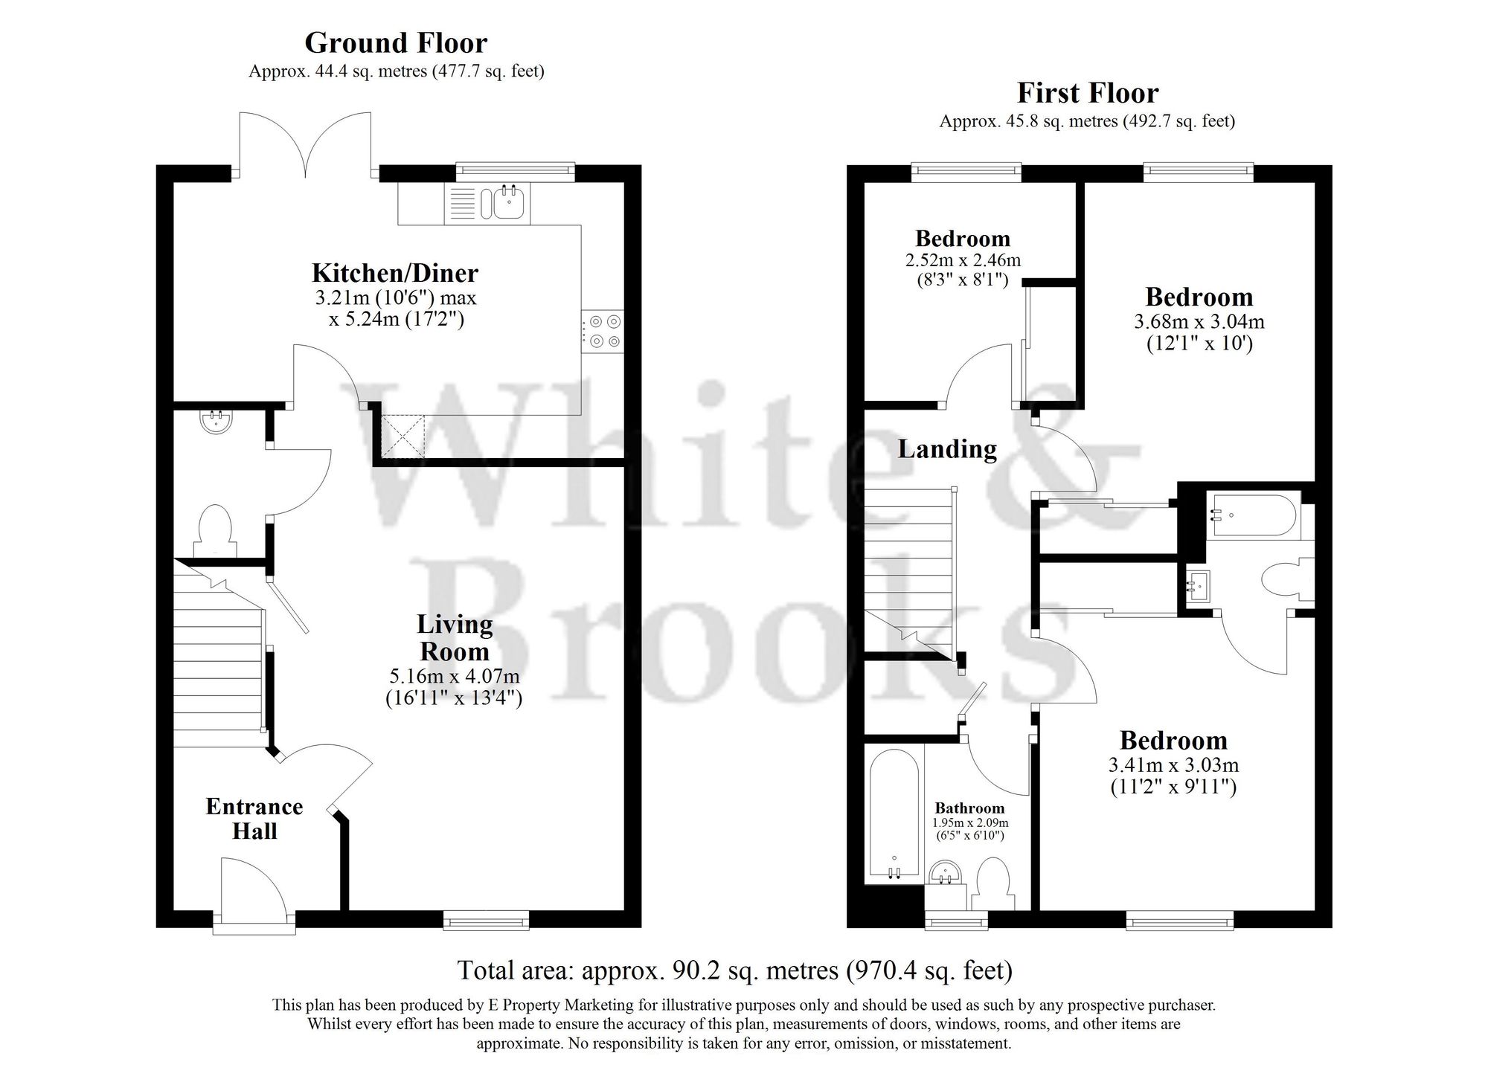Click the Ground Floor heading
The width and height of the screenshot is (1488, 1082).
(x=396, y=43)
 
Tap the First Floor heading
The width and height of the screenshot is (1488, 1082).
(x=1087, y=93)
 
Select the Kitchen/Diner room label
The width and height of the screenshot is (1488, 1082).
(x=394, y=273)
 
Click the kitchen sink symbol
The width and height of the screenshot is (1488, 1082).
(x=509, y=202)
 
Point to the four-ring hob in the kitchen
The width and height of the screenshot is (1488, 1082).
(x=603, y=332)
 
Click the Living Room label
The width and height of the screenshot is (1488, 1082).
(x=455, y=637)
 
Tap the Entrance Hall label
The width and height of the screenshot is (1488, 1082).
(x=254, y=819)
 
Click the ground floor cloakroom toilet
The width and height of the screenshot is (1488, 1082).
(x=215, y=529)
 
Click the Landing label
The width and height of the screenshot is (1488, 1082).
(x=947, y=449)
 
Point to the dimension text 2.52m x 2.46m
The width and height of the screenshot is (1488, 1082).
(x=963, y=260)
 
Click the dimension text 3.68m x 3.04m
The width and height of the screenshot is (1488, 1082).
(x=1199, y=322)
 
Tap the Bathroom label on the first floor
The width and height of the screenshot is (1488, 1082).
(x=969, y=808)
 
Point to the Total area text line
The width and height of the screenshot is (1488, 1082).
(x=734, y=970)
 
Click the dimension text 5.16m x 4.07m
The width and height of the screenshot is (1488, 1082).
(x=454, y=677)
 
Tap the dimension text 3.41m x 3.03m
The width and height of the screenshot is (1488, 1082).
(x=1173, y=764)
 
